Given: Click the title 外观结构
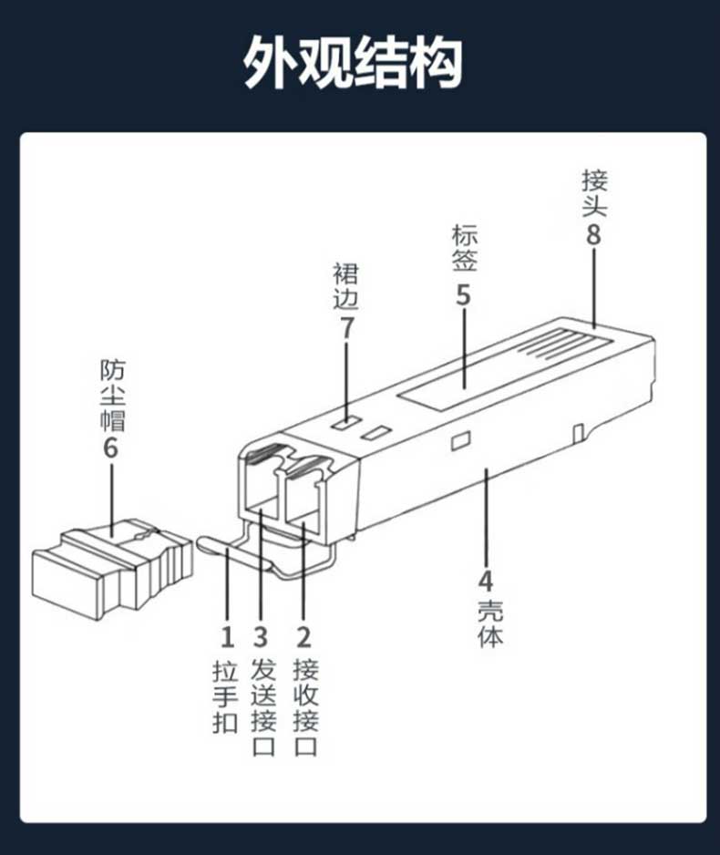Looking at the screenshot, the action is pos(353,62).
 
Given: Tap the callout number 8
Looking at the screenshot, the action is pos(593,235).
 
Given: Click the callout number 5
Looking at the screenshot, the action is pos(463,295).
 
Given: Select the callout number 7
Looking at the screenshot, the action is pos(346,328).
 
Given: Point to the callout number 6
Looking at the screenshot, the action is pos(110,448).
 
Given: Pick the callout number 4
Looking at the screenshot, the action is pos(486,582).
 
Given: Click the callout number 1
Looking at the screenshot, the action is pos(227,637).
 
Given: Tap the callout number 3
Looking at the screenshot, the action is pos(261,637).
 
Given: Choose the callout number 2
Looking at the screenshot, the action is pos(303,637).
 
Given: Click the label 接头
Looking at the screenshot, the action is pos(594,193).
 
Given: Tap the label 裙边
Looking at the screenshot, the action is pos(346,286).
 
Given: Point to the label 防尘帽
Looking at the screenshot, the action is pos(113,396).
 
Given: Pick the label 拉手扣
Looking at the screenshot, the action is pos(226,696).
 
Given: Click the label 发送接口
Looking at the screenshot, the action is pos(263,707).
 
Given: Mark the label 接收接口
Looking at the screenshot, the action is pos(305,707).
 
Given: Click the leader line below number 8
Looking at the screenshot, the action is pos(594,288).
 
